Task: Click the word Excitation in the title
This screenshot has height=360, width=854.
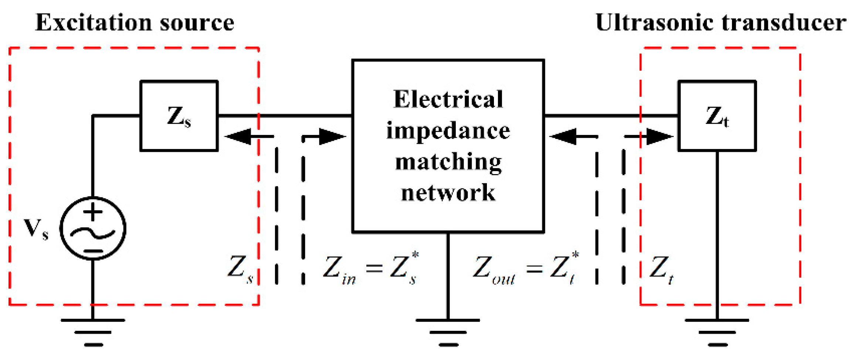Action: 93,23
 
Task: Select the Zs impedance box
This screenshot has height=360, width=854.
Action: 179,116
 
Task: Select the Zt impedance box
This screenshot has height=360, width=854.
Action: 717,116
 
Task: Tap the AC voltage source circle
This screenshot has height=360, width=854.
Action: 93,228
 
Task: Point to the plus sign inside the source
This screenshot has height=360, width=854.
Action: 93,212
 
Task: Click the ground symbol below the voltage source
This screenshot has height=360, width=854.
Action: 93,332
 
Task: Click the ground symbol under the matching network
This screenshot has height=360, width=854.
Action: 448,332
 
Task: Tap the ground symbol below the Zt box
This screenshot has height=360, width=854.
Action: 717,332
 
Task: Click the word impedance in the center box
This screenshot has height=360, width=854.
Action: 448,131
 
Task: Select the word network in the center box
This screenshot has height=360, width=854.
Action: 448,193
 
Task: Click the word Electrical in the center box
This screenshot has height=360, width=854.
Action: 448,100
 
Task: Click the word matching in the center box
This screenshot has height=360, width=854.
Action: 448,162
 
